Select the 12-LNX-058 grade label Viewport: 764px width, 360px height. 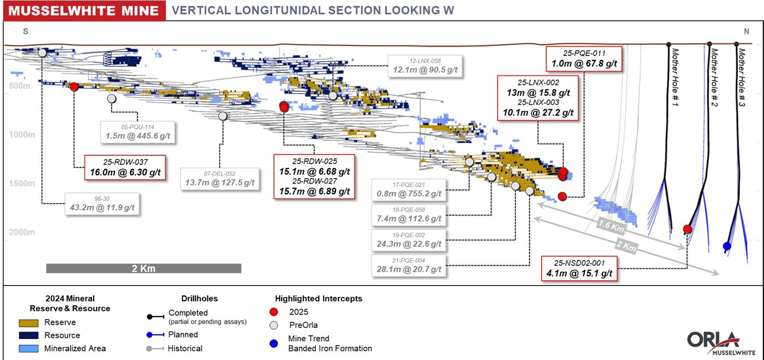pyautogui.click(x=426, y=65)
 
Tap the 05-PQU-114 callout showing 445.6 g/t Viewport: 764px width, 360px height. pyautogui.click(x=138, y=132)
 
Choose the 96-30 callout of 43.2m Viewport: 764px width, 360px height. pyautogui.click(x=103, y=203)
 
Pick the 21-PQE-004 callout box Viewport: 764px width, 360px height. pyautogui.click(x=410, y=265)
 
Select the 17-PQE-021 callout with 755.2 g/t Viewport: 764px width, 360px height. pyautogui.click(x=410, y=189)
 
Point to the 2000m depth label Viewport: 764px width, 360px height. pyautogui.click(x=21, y=232)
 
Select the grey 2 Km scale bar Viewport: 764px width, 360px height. pyautogui.click(x=143, y=269)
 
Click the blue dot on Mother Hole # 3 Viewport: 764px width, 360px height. pyautogui.click(x=727, y=246)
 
